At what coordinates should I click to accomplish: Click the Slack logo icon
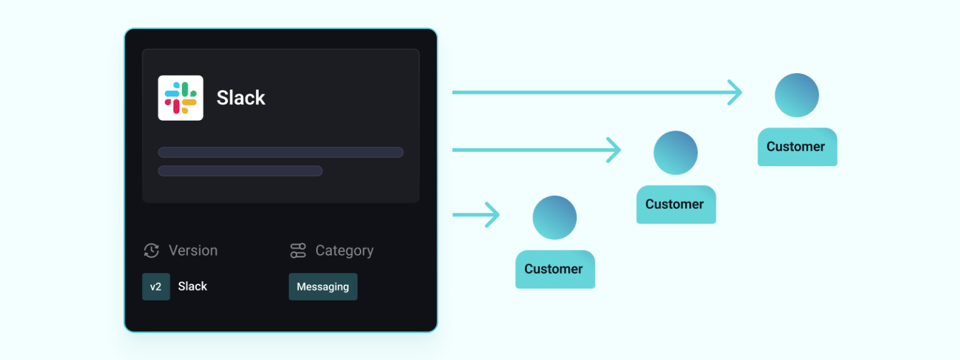[x=181, y=97]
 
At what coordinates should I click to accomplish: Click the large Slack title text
[x=241, y=97]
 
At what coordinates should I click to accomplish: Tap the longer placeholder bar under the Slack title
[x=281, y=152]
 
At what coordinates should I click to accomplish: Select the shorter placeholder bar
[x=240, y=171]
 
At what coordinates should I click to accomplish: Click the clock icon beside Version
[x=151, y=251]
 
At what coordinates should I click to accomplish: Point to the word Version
[x=193, y=250]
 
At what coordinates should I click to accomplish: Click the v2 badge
[x=156, y=287]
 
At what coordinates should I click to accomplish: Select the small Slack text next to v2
[x=192, y=286]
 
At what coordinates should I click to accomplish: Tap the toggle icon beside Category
[x=298, y=251]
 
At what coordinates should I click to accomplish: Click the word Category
[x=344, y=251]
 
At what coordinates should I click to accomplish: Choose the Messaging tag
[x=323, y=287]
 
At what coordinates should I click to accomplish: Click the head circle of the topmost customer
[x=797, y=95]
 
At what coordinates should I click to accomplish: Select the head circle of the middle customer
[x=676, y=152]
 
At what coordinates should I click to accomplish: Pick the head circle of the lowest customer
[x=554, y=217]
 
